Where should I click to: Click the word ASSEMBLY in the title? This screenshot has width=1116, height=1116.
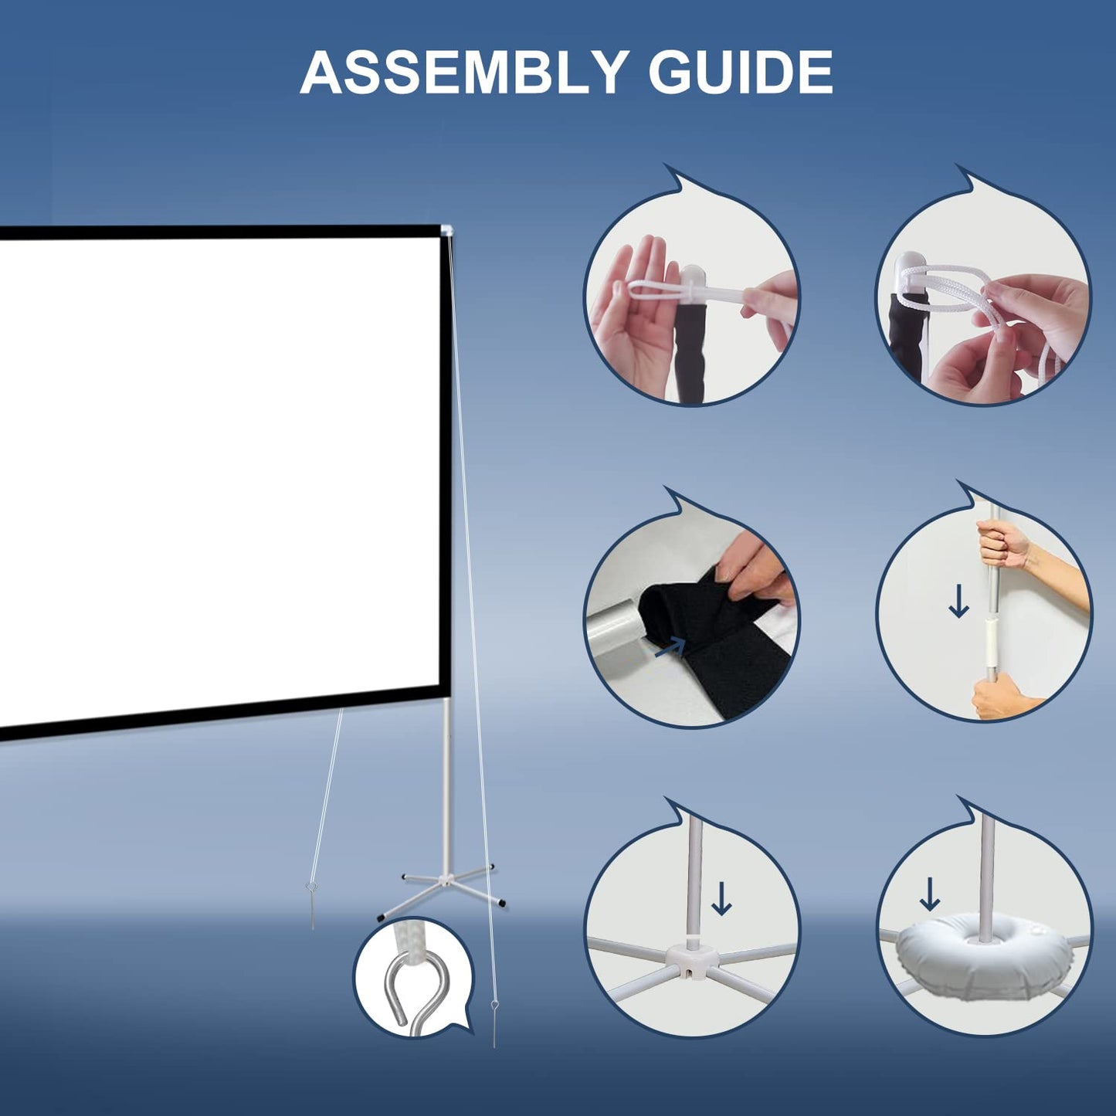point(462,73)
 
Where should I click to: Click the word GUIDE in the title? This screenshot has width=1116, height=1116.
point(740,73)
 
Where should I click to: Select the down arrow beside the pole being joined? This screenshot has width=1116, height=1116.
point(958,602)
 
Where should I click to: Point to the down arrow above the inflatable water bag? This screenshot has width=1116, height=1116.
point(930,894)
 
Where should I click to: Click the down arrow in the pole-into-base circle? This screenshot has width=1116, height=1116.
point(721,898)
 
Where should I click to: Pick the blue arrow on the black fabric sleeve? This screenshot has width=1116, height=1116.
point(670,647)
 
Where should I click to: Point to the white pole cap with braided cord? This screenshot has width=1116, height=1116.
point(906,274)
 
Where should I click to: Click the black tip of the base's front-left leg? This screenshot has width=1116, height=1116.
point(382,917)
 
